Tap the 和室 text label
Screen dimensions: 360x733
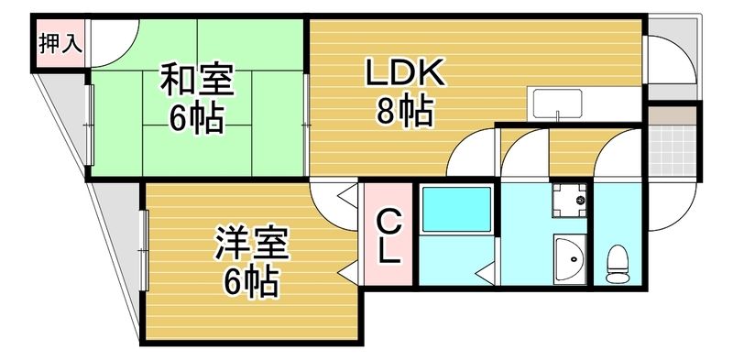[x=196, y=81]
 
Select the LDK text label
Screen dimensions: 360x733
[x=405, y=72]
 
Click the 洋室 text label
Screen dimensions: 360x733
[x=252, y=244]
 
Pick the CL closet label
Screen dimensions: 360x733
[x=389, y=237]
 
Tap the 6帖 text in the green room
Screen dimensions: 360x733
[x=196, y=119]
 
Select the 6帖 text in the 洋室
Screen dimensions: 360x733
[x=252, y=283]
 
